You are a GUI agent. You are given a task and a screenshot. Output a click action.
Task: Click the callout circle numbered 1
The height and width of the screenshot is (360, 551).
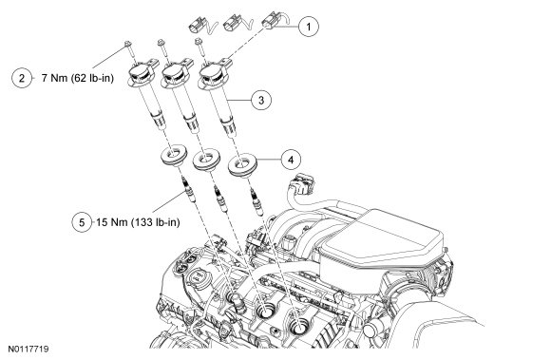[309, 27]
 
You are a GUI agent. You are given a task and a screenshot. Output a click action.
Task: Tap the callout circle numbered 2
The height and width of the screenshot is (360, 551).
[22, 78]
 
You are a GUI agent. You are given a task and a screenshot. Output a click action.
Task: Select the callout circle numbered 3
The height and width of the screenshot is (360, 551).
[261, 100]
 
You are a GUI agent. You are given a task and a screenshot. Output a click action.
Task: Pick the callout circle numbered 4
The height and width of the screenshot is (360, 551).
[291, 160]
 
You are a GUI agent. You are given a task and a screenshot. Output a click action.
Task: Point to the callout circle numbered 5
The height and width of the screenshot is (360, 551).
[82, 222]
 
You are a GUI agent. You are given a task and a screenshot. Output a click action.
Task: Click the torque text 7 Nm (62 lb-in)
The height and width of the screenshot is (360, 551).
[78, 78]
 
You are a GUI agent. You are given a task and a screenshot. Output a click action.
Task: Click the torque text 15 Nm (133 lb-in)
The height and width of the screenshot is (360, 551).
[138, 222]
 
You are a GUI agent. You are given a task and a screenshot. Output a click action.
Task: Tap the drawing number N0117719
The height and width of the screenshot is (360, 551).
[28, 350]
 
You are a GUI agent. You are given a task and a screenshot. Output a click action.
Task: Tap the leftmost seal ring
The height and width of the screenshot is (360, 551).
[174, 156]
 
